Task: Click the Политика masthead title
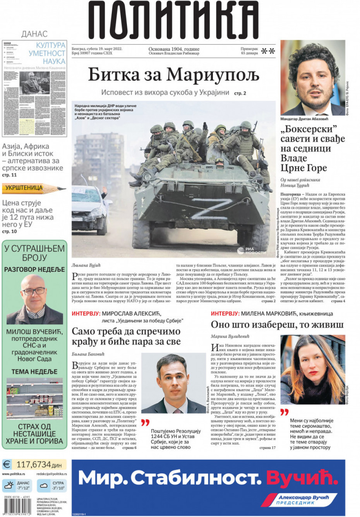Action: [x=173, y=20]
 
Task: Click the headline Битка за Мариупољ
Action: [x=173, y=74]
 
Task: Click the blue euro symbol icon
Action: [x=7, y=464]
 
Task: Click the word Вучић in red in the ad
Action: [x=302, y=478]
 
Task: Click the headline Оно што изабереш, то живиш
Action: [x=277, y=325]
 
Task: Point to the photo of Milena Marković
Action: [x=312, y=370]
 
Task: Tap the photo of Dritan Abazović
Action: [x=313, y=77]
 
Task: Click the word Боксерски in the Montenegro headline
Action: [x=309, y=129]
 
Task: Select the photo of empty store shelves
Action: [x=34, y=399]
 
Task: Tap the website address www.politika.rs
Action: [x=14, y=474]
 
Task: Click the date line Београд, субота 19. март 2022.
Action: [x=97, y=49]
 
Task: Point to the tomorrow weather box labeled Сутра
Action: [x=52, y=485]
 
